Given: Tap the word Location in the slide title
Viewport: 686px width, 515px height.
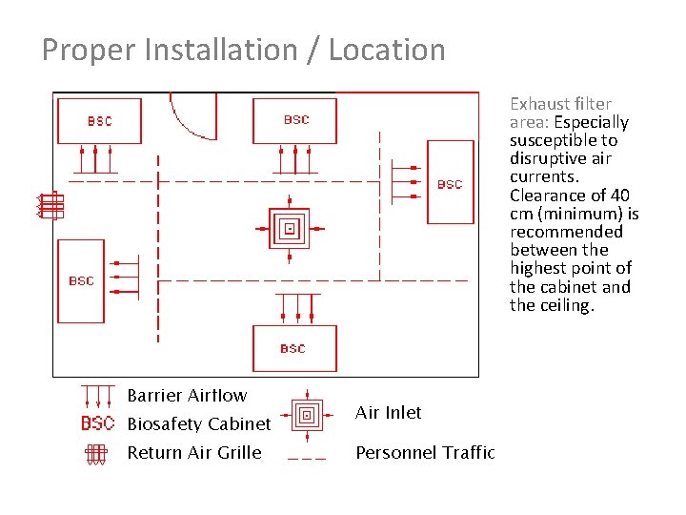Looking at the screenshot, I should coord(387,51).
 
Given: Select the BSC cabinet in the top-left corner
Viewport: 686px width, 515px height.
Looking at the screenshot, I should coord(99,120).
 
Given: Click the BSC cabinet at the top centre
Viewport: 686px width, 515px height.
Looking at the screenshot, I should coord(295,120).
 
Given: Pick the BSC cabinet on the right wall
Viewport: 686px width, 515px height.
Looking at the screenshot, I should coord(450,184).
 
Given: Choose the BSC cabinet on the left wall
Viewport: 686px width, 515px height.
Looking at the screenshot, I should coord(81,280).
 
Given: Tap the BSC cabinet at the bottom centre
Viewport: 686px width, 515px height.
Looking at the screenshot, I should coord(293,348).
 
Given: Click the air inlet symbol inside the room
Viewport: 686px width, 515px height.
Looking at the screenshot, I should coord(290,228).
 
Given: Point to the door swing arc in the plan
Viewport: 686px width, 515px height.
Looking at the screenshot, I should coord(186,119).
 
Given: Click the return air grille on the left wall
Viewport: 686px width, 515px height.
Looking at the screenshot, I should coord(50,205).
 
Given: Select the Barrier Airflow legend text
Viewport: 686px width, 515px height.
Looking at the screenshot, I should coord(187,396).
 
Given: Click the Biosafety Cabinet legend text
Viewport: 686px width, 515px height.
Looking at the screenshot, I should coord(199,423).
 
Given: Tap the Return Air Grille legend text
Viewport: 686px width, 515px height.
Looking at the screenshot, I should coord(193,452).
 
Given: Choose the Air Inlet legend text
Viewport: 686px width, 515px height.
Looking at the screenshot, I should coord(388,413).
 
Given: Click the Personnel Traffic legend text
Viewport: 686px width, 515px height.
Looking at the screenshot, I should coord(425,452).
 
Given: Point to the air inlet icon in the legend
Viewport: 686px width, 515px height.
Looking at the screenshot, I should coord(306,414).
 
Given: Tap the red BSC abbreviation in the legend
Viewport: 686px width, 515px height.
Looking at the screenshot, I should coord(97,423).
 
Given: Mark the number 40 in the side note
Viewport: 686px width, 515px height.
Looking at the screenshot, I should coord(619,196).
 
